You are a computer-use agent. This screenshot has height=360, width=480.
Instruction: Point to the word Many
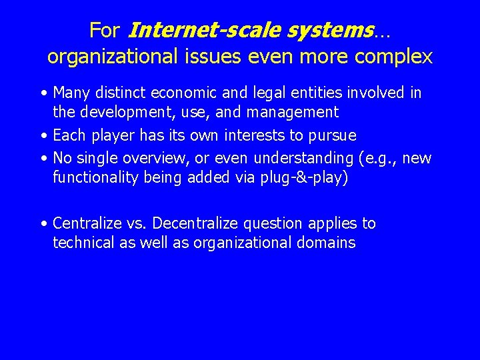(71, 92)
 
